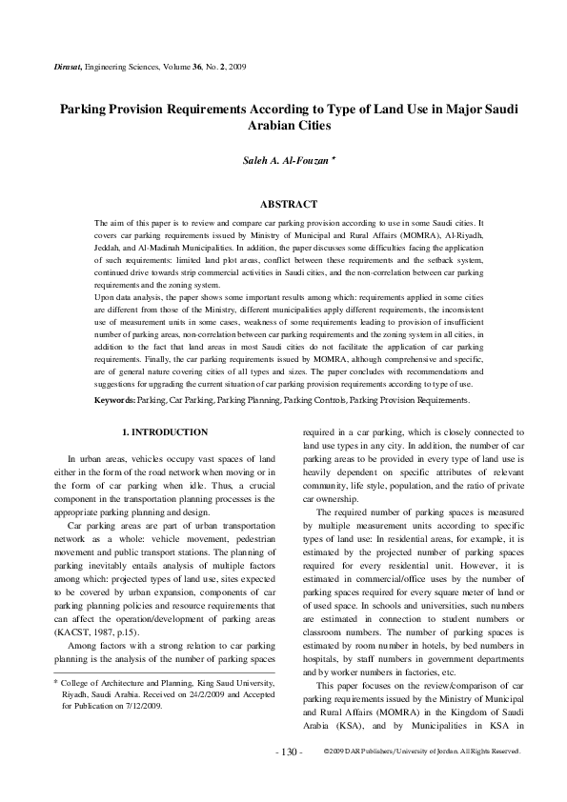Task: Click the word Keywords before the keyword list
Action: (114, 401)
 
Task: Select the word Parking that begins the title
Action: (86, 109)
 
